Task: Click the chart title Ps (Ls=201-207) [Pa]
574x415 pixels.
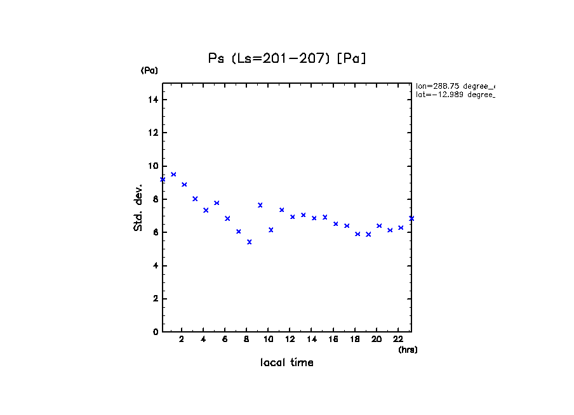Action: [x=287, y=58]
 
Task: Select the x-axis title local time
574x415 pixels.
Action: [x=287, y=363]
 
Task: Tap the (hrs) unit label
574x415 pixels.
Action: [x=408, y=350]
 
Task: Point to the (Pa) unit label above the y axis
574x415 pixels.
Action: [x=149, y=70]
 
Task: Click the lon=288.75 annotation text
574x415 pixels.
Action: [x=455, y=86]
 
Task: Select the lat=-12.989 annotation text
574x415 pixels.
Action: [x=455, y=95]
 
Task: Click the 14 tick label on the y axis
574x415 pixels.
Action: [x=153, y=100]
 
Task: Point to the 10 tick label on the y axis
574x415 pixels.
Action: [x=153, y=166]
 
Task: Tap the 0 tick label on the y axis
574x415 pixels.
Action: [x=156, y=332]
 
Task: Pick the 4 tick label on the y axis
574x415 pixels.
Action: [x=156, y=266]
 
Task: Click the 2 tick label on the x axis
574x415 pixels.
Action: [x=182, y=339]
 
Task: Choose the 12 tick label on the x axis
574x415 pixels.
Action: [x=290, y=339]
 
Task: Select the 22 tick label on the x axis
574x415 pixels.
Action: [x=398, y=339]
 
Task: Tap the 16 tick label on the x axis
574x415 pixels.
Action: [x=333, y=339]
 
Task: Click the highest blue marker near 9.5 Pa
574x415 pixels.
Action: [x=173, y=175]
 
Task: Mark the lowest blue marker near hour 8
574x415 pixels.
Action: [x=250, y=242]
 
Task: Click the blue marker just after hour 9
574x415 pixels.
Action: [x=260, y=205]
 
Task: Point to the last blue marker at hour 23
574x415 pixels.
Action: [x=411, y=218]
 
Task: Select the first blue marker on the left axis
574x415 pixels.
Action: [x=163, y=180]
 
